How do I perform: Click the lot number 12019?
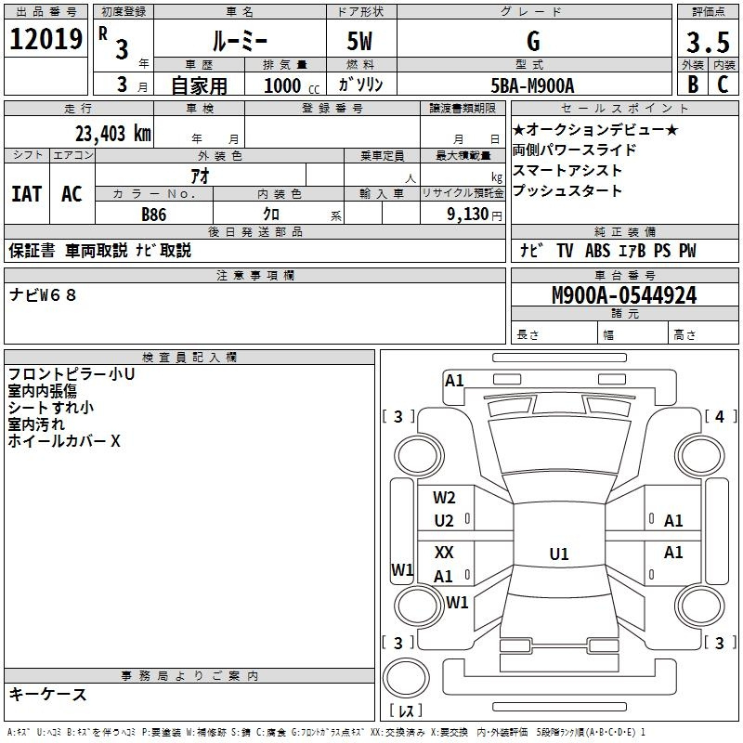(46, 39)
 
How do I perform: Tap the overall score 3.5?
(708, 42)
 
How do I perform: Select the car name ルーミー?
(240, 41)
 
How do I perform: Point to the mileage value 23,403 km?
(112, 134)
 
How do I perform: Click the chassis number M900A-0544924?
(624, 295)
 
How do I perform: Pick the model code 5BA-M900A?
(532, 85)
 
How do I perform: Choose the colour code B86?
(153, 215)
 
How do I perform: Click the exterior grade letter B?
(693, 85)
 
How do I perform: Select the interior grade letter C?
(723, 85)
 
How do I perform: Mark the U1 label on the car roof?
(559, 554)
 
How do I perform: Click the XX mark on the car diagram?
(444, 552)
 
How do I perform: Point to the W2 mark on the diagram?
(444, 498)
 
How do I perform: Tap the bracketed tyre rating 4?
(720, 416)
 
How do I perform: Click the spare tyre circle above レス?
(406, 678)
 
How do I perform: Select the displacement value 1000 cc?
(292, 85)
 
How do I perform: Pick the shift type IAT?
(26, 194)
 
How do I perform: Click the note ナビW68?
(43, 295)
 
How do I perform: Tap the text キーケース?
(47, 694)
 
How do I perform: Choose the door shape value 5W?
(359, 41)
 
